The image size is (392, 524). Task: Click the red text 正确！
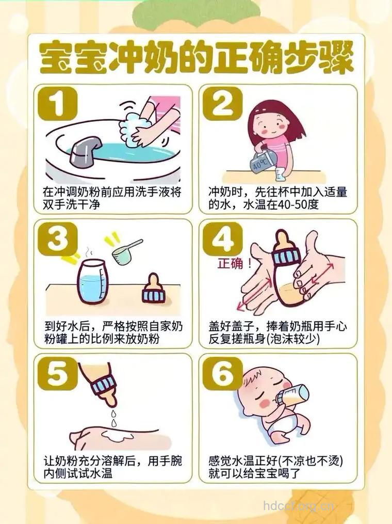(235, 264)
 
